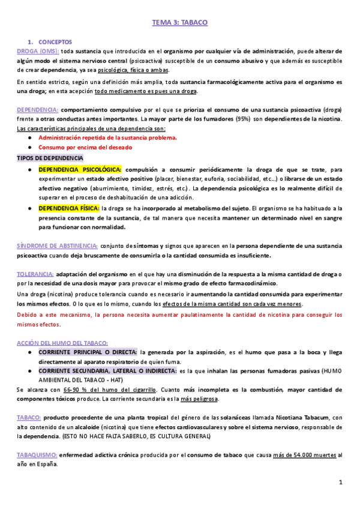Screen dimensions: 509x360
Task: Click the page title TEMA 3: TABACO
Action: [x=180, y=23]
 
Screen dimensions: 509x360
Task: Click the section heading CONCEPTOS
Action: [x=55, y=42]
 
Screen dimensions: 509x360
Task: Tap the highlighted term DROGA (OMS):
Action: [x=34, y=51]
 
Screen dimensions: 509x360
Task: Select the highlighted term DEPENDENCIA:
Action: [x=38, y=110]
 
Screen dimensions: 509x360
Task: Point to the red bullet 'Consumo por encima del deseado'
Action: [x=85, y=147]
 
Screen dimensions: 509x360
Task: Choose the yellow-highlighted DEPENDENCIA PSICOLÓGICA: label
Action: [x=80, y=169]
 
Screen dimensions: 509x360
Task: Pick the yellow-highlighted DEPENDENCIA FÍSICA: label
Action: [x=69, y=208]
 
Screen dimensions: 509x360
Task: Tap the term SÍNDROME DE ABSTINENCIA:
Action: [x=57, y=245]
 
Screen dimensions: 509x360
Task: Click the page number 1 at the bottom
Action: [x=340, y=483]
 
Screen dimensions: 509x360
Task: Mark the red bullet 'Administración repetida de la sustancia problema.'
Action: [x=107, y=137]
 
